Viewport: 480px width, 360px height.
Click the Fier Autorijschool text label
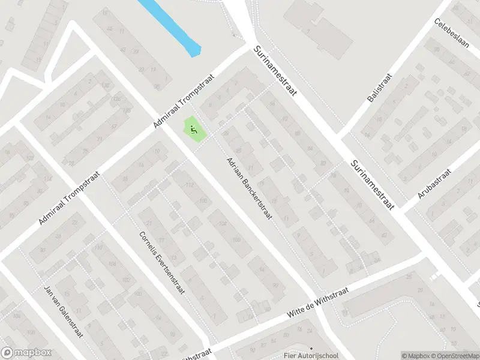click(x=311, y=356)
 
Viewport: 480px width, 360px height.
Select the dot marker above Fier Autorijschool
click(x=311, y=348)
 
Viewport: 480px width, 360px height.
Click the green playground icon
click(x=193, y=128)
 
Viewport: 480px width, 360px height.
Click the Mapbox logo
click(x=26, y=353)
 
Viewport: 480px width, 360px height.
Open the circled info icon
click(x=397, y=355)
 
